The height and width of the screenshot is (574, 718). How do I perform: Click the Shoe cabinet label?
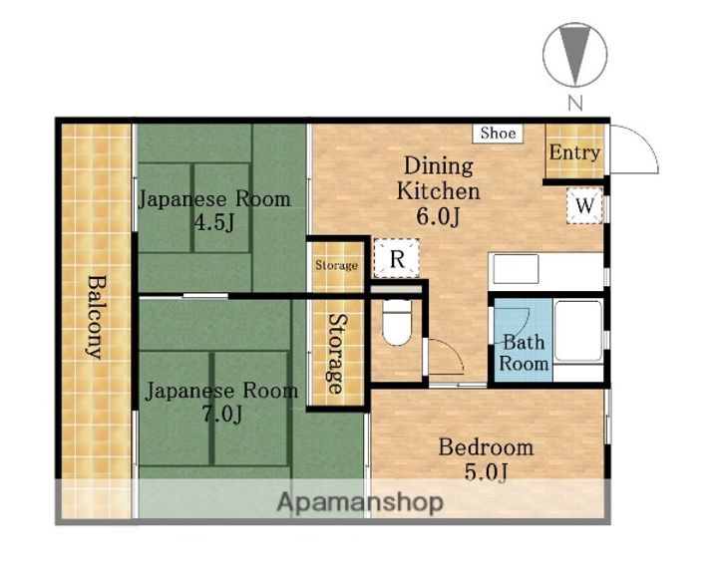498,134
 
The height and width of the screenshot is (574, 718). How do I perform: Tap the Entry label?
574,152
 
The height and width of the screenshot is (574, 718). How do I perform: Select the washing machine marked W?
584,206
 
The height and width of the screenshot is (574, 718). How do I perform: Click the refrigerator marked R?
397,259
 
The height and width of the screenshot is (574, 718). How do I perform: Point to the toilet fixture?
397,322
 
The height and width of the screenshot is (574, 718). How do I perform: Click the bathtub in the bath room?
577,331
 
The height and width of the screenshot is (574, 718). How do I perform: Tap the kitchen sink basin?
516,269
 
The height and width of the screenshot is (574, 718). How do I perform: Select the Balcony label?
96,317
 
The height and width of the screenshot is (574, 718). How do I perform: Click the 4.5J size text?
214,223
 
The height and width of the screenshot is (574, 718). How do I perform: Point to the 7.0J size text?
222,415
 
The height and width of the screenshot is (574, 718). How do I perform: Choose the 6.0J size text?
438,216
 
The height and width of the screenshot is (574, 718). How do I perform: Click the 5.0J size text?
486,472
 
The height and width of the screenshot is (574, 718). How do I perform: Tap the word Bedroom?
486,447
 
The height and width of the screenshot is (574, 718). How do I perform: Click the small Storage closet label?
337,265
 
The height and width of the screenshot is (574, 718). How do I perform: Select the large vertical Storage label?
337,354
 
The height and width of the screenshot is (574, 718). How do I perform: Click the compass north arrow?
574,55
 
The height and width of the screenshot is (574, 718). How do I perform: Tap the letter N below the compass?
575,103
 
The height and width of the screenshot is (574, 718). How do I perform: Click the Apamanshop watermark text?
360,502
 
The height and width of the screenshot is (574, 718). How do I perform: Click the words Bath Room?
524,353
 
